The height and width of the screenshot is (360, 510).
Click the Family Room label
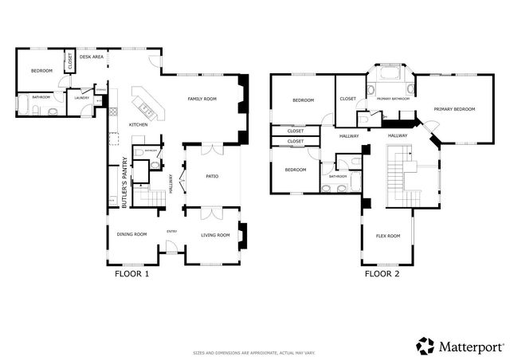(x=202, y=99)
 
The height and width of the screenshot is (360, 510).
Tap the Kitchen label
(x=139, y=125)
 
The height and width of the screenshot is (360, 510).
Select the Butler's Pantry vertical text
(x=124, y=183)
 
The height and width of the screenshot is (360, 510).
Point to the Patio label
(x=212, y=176)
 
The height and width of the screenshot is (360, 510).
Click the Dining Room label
(x=132, y=234)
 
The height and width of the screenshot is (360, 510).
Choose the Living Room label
(x=214, y=234)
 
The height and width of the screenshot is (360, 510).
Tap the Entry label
(x=171, y=232)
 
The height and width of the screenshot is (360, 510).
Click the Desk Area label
(x=92, y=57)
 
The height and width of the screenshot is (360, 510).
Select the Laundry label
(x=80, y=98)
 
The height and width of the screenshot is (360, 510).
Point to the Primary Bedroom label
(x=454, y=108)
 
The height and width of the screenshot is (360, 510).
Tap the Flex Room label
(x=388, y=236)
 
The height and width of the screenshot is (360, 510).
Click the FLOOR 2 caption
(x=382, y=274)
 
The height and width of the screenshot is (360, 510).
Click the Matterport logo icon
(x=426, y=345)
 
